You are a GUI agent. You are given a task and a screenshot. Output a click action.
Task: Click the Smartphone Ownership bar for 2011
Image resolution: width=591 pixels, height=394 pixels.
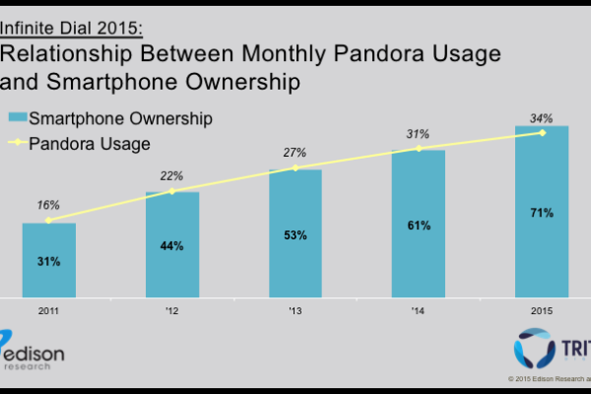tap(49, 259)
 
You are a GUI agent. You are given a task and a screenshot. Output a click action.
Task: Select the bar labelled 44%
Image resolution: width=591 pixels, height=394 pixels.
tap(172, 243)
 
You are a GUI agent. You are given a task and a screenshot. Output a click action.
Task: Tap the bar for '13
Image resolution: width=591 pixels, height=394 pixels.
tap(295, 232)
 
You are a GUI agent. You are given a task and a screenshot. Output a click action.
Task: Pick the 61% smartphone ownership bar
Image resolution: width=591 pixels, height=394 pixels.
tap(419, 223)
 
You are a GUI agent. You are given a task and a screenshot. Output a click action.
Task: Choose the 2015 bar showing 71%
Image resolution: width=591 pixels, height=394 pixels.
tap(542, 211)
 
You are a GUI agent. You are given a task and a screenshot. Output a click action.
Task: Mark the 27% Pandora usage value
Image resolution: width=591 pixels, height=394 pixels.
tap(295, 153)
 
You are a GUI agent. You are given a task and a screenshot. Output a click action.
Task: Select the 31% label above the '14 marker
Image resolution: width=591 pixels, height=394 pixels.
tap(419, 132)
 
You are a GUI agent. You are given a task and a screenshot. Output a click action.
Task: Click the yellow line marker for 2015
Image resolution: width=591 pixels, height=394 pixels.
tap(542, 133)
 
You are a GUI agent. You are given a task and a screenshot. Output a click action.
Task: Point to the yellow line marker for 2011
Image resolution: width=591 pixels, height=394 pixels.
tap(49, 220)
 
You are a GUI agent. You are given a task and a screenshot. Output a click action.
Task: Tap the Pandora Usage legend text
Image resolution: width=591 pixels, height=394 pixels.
tap(98, 144)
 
